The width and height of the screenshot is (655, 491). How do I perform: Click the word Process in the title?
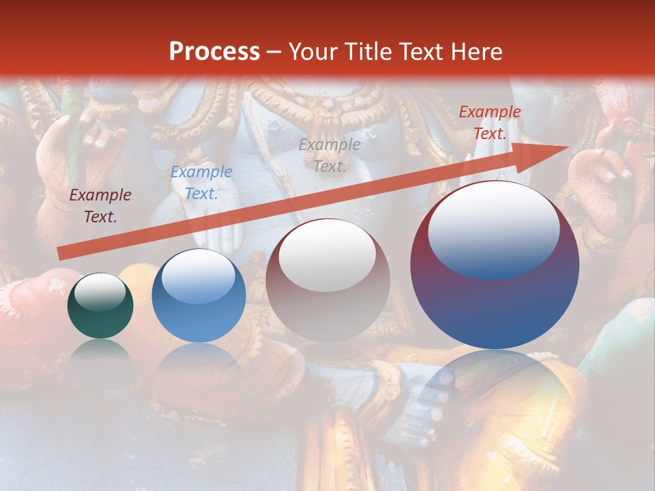tap(214, 52)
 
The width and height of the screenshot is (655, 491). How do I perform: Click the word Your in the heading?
tap(312, 52)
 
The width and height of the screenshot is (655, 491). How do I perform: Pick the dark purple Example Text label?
tap(100, 206)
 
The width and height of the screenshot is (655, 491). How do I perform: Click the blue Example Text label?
tap(201, 183)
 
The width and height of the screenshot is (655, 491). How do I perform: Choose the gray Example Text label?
tap(330, 155)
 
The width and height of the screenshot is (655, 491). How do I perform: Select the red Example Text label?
tap(490, 123)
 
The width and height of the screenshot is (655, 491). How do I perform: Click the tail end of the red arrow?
tap(60, 254)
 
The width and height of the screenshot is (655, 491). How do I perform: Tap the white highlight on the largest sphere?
tap(494, 228)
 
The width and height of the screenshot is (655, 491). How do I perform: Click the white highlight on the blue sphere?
tap(199, 275)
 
